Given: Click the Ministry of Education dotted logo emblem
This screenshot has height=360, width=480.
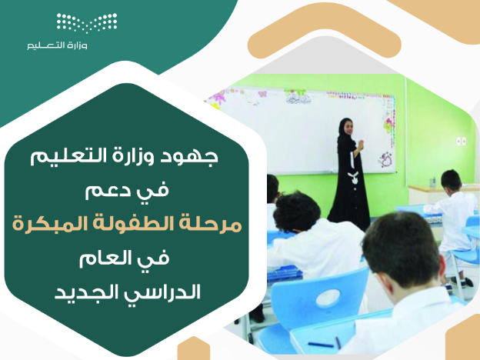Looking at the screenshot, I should coord(87,22).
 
